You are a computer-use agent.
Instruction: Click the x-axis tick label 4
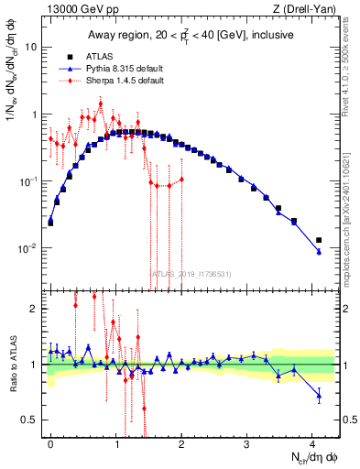(312, 442)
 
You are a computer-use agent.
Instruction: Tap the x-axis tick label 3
(247, 442)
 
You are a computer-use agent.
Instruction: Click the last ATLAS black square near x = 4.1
(319, 240)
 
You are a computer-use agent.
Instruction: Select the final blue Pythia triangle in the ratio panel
(319, 396)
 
